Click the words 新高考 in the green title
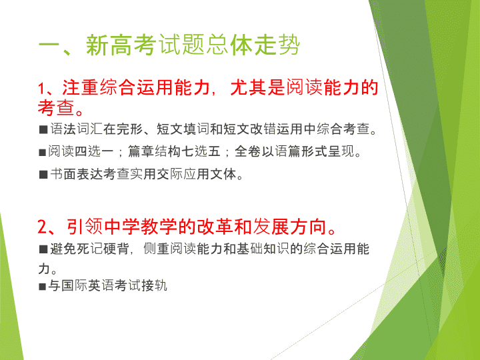121,45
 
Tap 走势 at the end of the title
277,45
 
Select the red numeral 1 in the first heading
41,89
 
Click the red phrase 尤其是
258,87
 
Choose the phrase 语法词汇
76,129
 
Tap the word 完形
129,129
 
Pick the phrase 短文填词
183,129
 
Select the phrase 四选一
94,151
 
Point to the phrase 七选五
201,151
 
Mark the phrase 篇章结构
154,151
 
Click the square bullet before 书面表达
43,175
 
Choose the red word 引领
85,227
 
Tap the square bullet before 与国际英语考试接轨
42,287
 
